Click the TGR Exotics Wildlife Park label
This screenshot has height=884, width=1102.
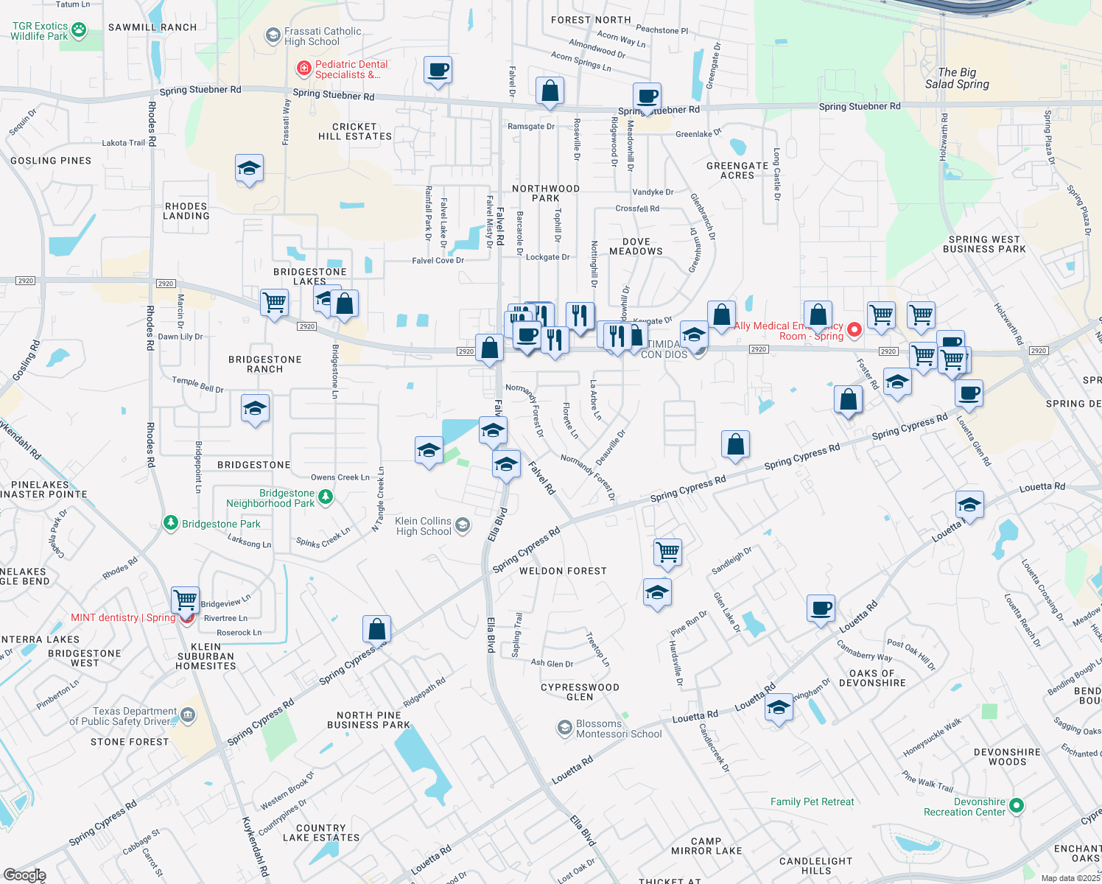point(40,31)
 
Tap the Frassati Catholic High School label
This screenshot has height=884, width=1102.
point(323,36)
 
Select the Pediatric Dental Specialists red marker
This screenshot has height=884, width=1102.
point(303,69)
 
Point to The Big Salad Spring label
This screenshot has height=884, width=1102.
point(957,78)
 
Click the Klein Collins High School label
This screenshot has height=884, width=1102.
point(424,526)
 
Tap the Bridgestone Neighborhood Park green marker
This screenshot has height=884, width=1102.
point(325,497)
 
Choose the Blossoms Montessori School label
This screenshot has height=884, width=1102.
point(619,729)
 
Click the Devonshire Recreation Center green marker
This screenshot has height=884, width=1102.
point(1017,806)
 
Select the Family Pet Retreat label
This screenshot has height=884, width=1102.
point(813,801)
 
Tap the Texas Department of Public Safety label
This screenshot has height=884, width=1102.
point(124,716)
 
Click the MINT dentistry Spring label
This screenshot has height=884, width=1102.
point(123,617)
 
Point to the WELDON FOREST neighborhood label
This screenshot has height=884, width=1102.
point(563,571)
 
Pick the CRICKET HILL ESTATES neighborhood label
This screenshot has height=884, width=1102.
point(355,131)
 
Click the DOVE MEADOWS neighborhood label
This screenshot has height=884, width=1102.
point(636,246)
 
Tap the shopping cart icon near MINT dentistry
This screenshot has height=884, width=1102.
point(186,599)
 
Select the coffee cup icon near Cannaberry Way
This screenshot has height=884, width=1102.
point(821,608)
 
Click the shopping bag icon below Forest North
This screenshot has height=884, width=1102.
point(550,91)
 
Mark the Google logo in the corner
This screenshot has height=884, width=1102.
point(25,874)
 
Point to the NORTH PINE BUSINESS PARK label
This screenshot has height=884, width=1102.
point(368,720)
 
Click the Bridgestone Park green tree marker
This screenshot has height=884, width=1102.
point(171,523)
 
